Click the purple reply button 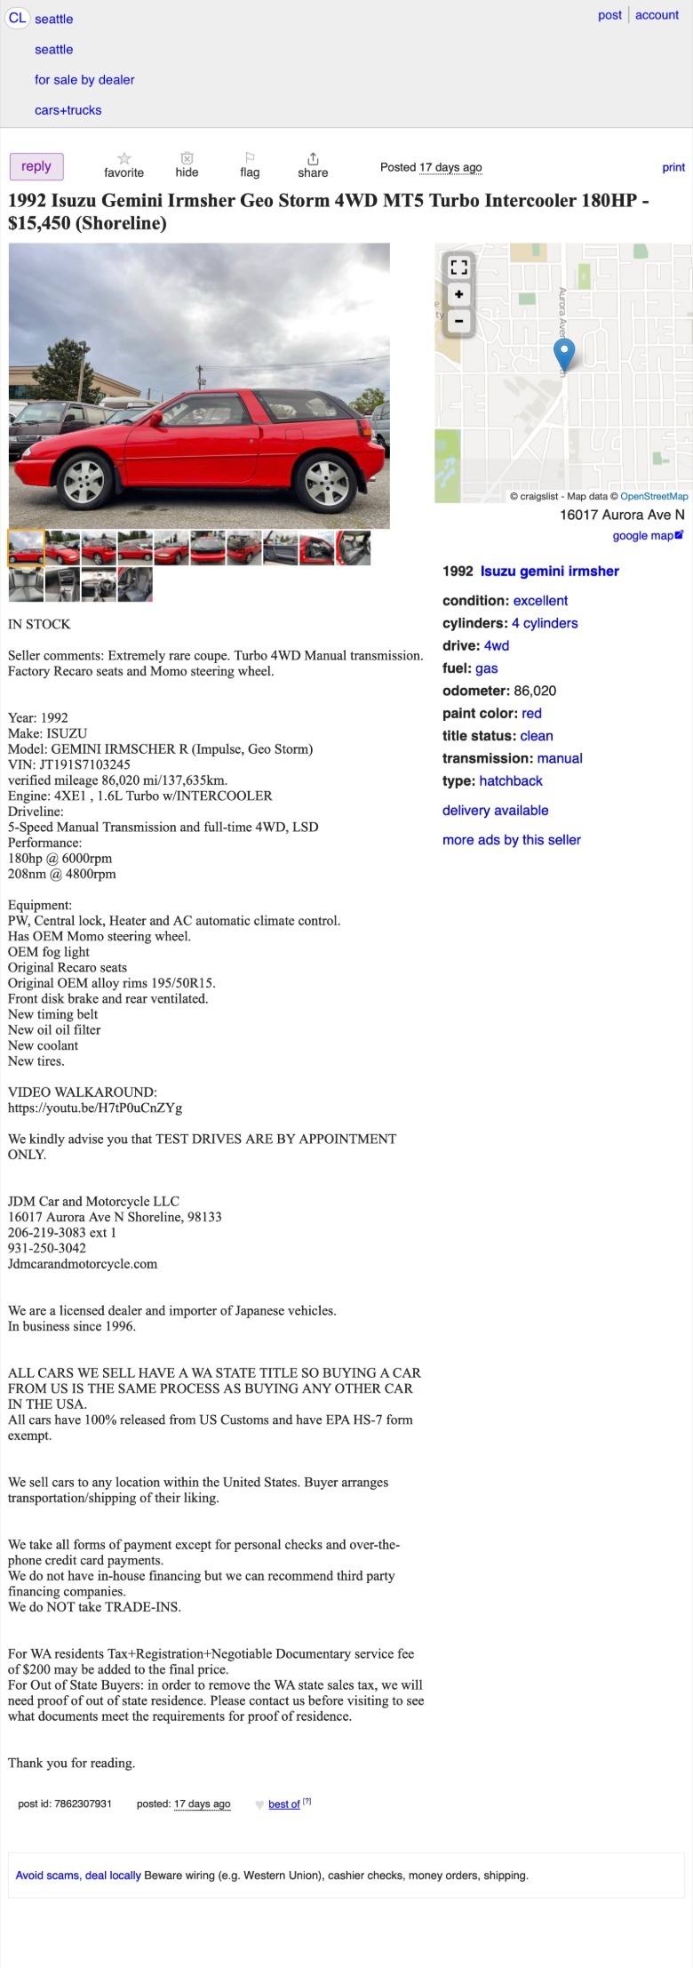coord(36,166)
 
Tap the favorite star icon coord(124,158)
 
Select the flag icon coord(250,157)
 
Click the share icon coord(313,158)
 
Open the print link coord(673,167)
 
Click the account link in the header coord(657,15)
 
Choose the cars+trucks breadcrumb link coord(68,110)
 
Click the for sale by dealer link coord(84,80)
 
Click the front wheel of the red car coord(85,481)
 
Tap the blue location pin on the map coord(564,353)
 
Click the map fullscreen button coord(458,267)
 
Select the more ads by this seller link coord(512,840)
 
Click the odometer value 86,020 coord(535,691)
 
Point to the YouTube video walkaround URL coord(95,1108)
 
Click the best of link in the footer coord(284,1804)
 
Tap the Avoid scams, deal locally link coord(78,1876)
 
